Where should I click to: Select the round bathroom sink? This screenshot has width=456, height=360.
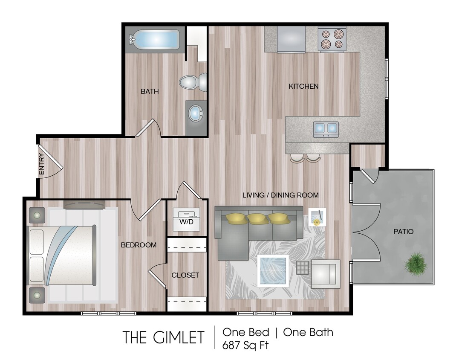196,113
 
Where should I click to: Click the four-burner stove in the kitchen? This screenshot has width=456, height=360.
332,38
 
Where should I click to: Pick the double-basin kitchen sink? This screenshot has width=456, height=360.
326,128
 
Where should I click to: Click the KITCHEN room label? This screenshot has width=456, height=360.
303,86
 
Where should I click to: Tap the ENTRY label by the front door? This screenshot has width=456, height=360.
42,164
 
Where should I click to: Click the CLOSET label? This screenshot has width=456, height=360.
185,275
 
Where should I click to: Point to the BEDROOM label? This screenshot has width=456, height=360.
139,245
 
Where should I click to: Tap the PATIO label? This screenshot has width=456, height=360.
403,232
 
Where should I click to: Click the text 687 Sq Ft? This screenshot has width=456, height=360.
245,345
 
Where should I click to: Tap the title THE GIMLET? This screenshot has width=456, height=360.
164,337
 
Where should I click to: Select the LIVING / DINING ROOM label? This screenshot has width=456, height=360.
280,195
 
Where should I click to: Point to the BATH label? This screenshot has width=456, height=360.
150,91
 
